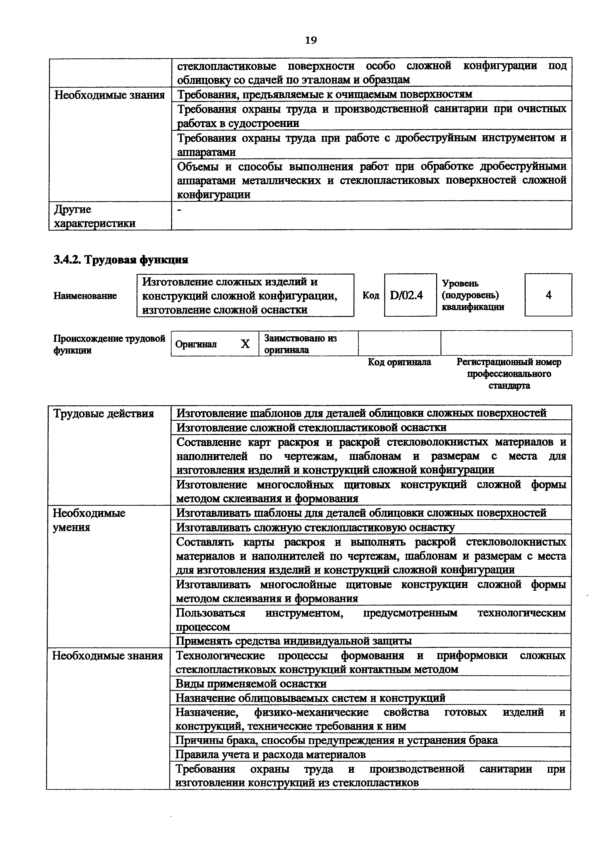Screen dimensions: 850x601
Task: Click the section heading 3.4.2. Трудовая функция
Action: pos(121,260)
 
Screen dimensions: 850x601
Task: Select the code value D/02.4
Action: pos(406,295)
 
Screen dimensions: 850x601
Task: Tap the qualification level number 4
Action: pos(548,295)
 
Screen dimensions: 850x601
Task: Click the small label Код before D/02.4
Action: pos(371,295)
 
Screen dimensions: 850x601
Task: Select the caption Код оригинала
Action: pos(399,362)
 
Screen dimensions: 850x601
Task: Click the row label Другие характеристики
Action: pos(94,216)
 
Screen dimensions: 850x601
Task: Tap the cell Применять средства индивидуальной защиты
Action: pos(293,641)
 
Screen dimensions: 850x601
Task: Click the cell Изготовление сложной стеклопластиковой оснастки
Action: pos(311,428)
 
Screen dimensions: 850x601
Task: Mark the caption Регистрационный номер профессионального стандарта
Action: pos(509,374)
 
